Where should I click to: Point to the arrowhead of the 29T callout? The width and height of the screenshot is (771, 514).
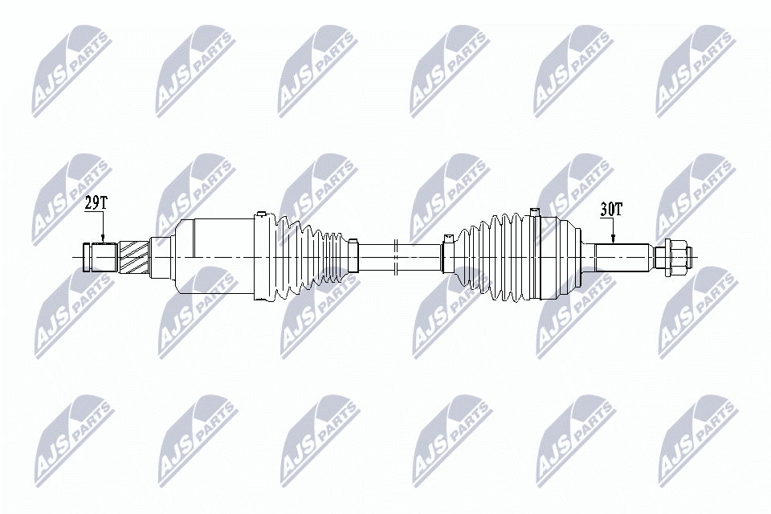coord(103,239)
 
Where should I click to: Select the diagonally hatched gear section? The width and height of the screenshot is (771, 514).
coord(133,257)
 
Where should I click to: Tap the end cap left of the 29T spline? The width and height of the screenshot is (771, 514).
coord(87,257)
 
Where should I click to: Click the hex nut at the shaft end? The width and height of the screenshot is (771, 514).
coord(673,257)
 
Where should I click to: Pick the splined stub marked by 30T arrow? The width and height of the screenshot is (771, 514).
coord(622,257)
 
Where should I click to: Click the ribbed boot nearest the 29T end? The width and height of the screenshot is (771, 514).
coord(309,257)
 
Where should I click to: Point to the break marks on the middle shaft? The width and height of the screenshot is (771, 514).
coord(396,257)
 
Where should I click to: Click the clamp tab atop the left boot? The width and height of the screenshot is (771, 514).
coord(260,214)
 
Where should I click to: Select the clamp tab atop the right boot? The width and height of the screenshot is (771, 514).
coord(534,210)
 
